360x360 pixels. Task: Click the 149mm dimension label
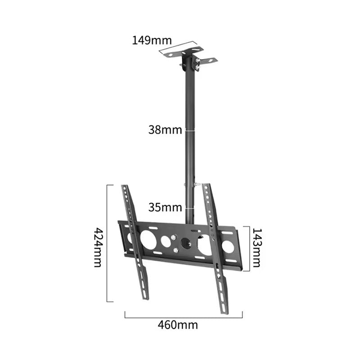149,40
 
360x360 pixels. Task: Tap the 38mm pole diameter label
165,130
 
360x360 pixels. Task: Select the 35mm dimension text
165,207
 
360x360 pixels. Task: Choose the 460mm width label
178,324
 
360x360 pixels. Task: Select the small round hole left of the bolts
166,241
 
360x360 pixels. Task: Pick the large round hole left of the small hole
148,239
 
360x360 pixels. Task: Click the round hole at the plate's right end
228,246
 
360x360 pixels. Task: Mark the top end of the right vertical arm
206,185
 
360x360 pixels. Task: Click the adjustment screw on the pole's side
197,184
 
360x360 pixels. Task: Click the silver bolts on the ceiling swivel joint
197,66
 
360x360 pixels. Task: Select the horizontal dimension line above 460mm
184,317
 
